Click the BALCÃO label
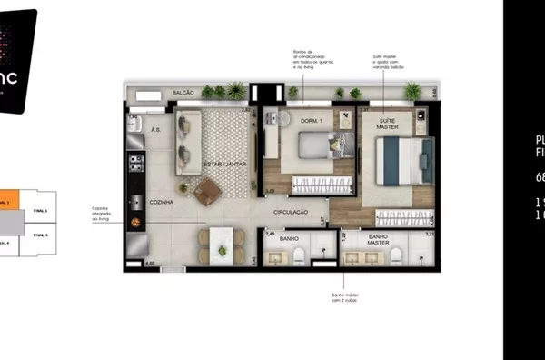point(185,93)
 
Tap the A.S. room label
point(155,129)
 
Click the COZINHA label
point(162,201)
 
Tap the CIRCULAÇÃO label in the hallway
point(295,212)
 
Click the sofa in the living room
point(188,145)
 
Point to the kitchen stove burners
point(136,164)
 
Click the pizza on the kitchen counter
point(135,222)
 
